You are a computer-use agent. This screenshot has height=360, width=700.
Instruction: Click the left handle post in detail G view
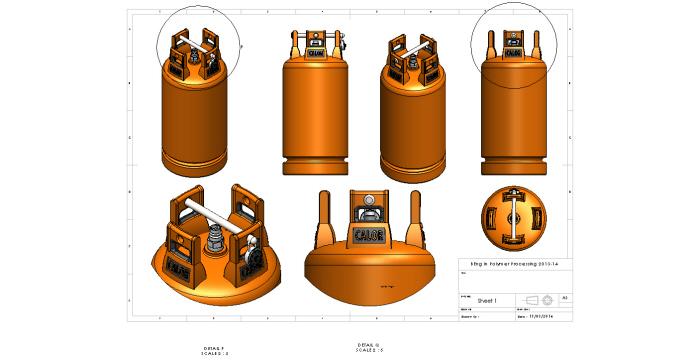point(327,218)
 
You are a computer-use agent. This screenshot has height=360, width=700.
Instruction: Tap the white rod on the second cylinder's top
point(318,41)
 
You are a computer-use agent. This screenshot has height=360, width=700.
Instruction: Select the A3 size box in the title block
point(566,298)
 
